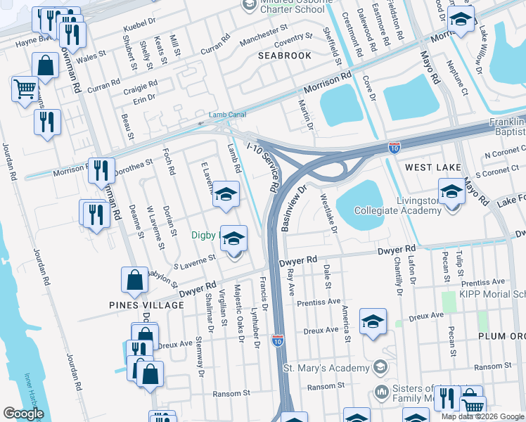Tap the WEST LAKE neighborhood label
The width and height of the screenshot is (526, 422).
click(432, 167)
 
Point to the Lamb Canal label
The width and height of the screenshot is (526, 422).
click(225, 115)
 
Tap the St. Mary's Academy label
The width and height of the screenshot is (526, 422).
click(326, 368)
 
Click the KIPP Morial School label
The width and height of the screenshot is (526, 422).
click(492, 294)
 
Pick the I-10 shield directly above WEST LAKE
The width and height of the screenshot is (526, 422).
click(395, 148)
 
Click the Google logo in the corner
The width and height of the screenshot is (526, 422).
click(23, 414)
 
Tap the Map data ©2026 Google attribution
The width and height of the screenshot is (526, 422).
click(483, 416)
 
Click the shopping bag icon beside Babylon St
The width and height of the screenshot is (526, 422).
click(134, 281)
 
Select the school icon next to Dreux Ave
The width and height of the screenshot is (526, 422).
click(373, 322)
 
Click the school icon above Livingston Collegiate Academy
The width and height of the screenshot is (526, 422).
click(451, 191)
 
